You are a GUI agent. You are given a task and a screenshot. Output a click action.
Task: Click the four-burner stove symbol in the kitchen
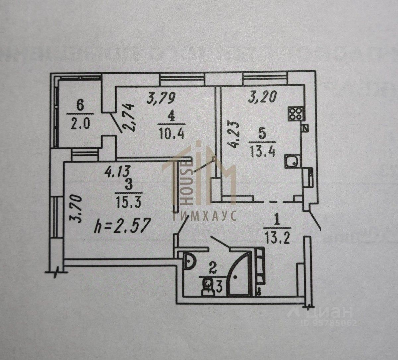click(295, 114)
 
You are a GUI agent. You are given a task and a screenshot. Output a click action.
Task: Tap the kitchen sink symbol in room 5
click(292, 162)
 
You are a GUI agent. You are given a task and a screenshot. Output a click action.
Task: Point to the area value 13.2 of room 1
click(278, 237)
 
